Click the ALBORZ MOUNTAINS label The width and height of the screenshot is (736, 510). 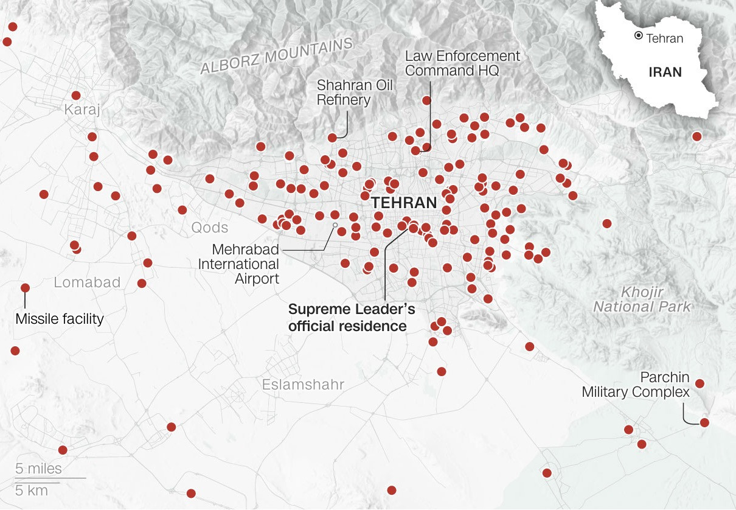coord(277,56)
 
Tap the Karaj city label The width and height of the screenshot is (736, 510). coord(82,110)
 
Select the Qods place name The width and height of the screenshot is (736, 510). coord(210,228)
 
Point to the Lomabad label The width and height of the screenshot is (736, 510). coord(87,282)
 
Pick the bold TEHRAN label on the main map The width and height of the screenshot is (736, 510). coord(404,203)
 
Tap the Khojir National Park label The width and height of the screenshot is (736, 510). coord(642,299)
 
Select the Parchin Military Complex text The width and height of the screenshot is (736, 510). coord(636,384)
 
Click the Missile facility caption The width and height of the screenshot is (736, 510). coord(60,318)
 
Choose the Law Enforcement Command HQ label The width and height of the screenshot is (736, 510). coord(462,63)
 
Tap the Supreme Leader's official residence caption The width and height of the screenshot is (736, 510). coord(352,318)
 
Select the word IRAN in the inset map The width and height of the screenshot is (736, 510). coord(665,72)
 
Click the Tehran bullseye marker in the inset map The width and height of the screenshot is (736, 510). coord(638,36)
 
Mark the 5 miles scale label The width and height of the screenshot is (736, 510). coord(38,469)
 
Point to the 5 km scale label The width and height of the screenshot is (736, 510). coord(31,491)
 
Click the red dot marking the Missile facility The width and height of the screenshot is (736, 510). coord(25,288)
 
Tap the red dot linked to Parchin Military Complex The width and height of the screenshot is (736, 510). coord(704,422)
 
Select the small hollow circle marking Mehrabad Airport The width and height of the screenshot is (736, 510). coord(334,225)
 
